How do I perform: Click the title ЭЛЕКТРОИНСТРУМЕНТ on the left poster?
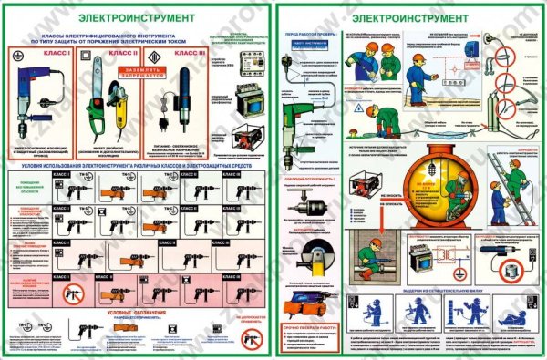coord(137,15)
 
